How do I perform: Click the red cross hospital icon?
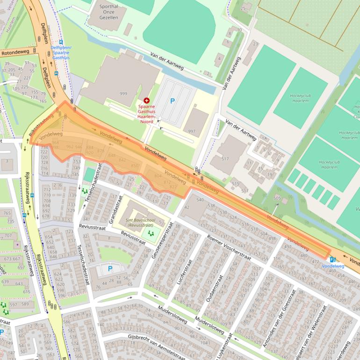147,101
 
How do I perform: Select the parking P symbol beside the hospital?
172,101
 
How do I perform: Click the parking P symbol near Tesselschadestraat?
110,268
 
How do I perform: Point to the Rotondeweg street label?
14,53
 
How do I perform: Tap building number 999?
123,94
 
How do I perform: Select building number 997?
192,131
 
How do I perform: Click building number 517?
225,159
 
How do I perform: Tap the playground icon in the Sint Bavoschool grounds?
151,232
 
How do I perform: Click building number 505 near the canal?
278,198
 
